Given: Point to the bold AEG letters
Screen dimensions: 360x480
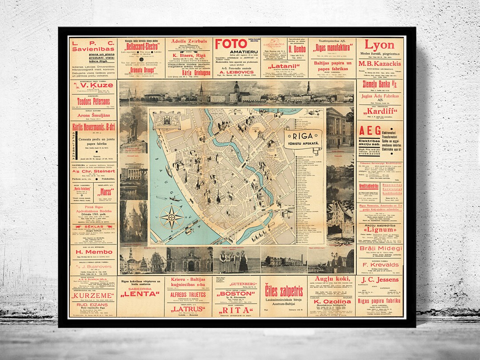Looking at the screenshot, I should tap(369, 131).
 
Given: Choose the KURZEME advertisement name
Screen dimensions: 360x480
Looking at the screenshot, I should tap(93, 296).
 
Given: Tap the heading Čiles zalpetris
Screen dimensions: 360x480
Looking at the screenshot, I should tap(284, 291).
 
